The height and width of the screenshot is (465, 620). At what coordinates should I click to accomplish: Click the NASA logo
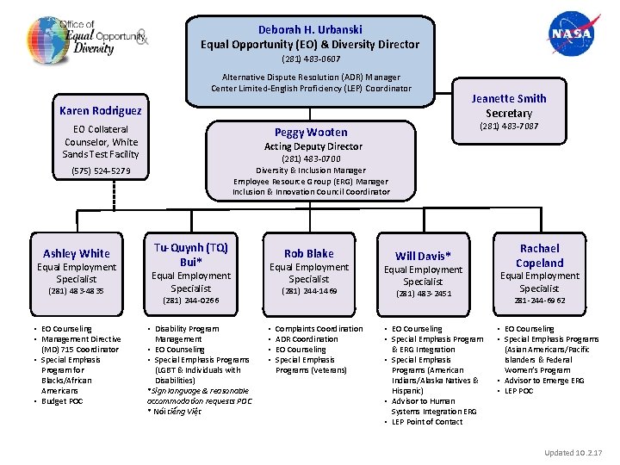[570, 34]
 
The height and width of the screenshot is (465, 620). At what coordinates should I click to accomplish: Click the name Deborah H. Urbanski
[309, 29]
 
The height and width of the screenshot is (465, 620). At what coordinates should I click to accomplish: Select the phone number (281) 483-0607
[310, 59]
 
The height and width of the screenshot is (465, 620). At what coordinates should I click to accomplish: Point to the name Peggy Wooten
[311, 132]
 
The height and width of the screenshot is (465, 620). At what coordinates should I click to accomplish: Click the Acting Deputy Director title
[311, 146]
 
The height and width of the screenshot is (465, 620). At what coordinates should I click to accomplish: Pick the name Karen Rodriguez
[101, 110]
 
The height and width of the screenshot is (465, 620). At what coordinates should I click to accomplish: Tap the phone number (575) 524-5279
[101, 170]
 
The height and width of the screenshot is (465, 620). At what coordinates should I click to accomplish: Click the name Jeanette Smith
[509, 98]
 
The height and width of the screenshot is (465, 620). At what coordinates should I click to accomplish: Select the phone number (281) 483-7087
[509, 127]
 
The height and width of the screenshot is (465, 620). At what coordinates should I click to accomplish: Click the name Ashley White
[77, 253]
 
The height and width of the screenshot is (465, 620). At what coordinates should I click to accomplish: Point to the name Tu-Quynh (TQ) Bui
[190, 254]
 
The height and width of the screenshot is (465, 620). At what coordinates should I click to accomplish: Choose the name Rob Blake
[308, 253]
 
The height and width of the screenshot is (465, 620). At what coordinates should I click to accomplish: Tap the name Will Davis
[423, 256]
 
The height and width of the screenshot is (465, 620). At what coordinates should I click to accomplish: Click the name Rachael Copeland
[539, 255]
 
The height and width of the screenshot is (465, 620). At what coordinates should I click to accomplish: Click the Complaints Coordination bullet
[319, 329]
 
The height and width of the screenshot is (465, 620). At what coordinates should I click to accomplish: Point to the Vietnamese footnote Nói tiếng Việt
[177, 412]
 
